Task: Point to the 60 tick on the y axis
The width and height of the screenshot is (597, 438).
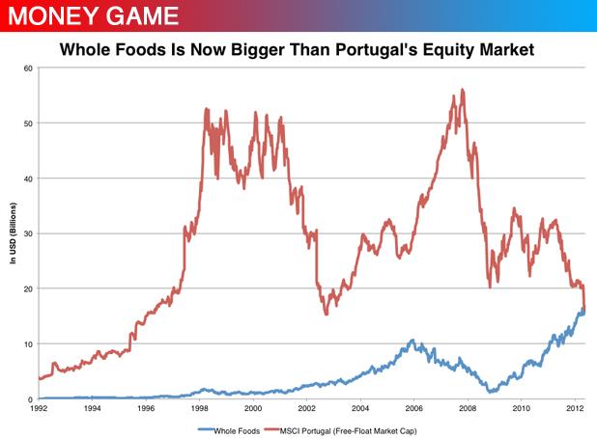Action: click(x=28, y=68)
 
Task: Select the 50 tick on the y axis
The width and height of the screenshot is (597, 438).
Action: click(x=28, y=123)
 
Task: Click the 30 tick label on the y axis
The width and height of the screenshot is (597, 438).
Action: click(x=28, y=233)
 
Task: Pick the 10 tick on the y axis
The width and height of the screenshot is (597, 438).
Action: click(x=28, y=344)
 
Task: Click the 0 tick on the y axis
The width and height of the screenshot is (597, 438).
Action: click(x=31, y=399)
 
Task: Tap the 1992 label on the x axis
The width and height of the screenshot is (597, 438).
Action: click(x=38, y=410)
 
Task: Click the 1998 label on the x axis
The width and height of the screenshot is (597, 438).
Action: click(x=199, y=410)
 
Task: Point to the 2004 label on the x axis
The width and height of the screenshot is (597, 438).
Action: click(x=360, y=410)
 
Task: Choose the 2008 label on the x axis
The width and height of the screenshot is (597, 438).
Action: click(x=468, y=410)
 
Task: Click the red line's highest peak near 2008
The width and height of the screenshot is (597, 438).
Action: click(x=463, y=90)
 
